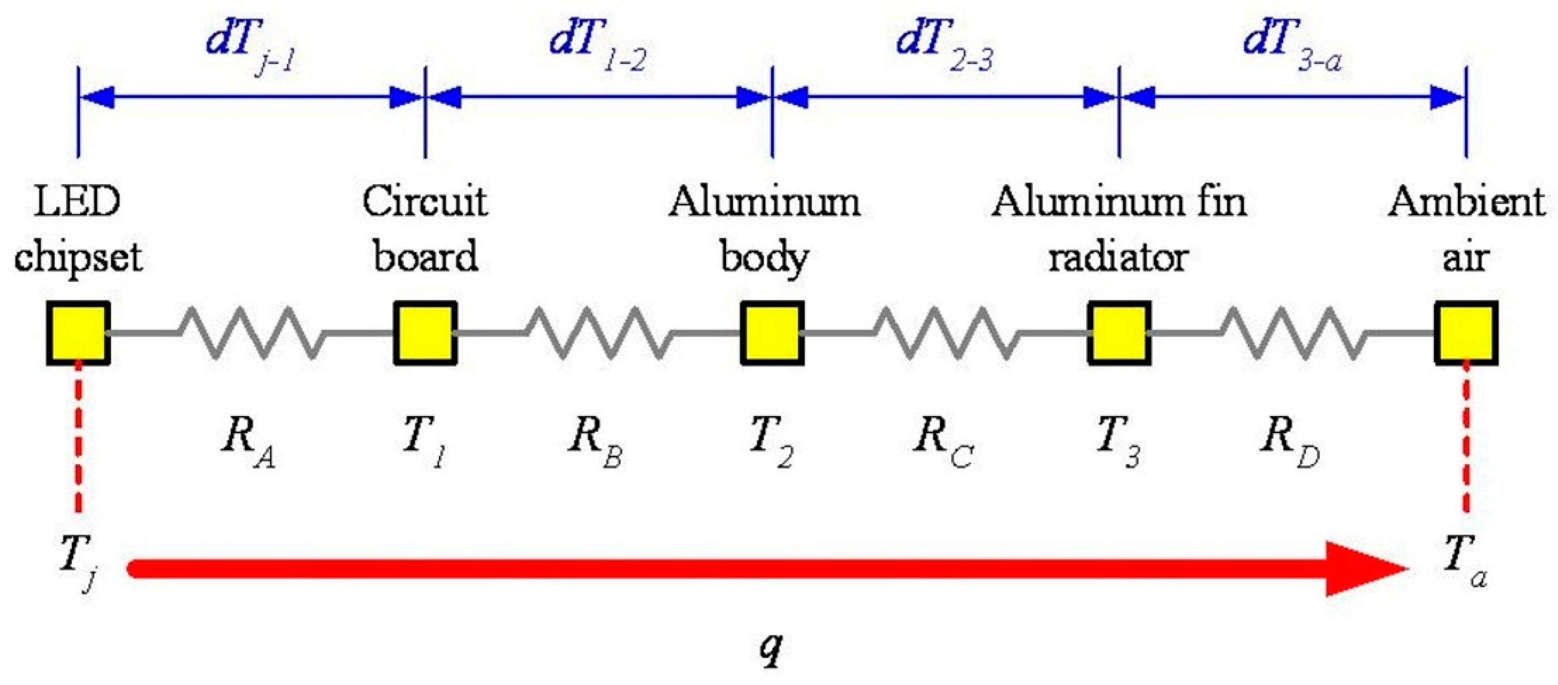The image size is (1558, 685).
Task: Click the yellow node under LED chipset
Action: click(x=78, y=332)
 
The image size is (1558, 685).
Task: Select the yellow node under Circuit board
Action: click(x=424, y=332)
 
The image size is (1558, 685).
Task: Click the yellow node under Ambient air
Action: click(x=1466, y=332)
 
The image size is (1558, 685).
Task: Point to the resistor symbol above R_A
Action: click(x=251, y=332)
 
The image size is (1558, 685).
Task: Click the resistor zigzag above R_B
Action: click(x=599, y=332)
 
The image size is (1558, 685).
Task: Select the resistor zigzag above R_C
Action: click(x=946, y=332)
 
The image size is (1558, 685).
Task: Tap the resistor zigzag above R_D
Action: click(x=1293, y=332)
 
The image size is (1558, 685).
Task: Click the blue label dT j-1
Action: click(x=251, y=45)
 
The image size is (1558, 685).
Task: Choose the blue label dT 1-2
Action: click(x=597, y=45)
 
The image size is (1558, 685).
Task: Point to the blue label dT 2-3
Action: click(x=945, y=45)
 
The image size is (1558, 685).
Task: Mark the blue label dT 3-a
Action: click(x=1293, y=45)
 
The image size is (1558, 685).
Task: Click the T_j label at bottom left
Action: click(x=78, y=559)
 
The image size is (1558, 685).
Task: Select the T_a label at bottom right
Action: click(x=1463, y=559)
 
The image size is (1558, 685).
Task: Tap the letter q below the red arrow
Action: click(x=771, y=648)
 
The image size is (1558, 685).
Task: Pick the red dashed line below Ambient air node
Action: click(x=1466, y=438)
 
